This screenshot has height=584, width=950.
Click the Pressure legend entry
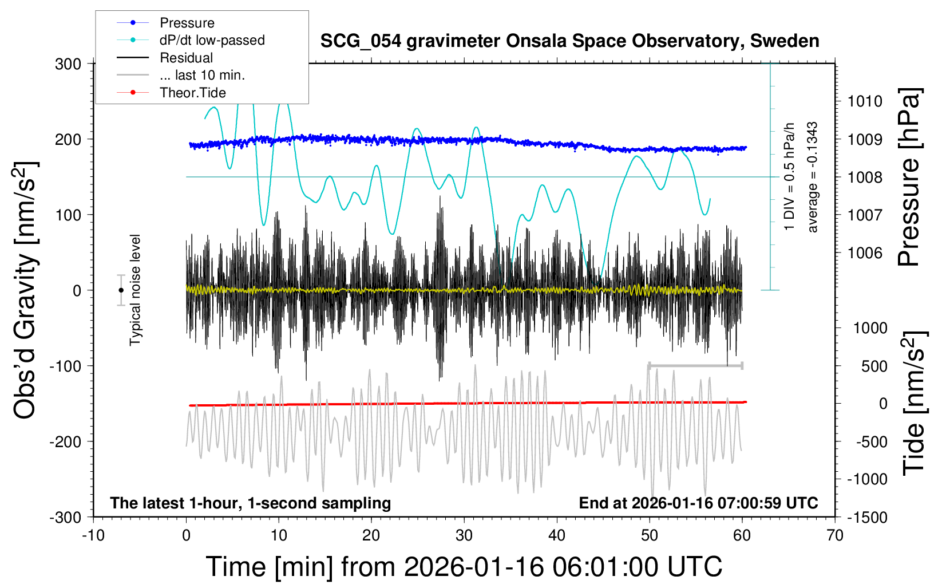(x=187, y=23)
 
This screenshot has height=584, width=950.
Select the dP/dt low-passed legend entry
(x=212, y=40)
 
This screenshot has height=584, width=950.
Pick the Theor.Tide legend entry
(x=192, y=93)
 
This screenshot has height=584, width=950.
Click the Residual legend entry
(x=186, y=58)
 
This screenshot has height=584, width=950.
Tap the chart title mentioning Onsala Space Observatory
(x=569, y=41)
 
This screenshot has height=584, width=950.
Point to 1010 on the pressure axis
(x=865, y=101)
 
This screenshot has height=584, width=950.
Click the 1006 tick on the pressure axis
(x=865, y=252)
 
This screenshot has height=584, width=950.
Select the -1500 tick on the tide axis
(x=867, y=517)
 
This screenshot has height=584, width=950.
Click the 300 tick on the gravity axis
(x=68, y=64)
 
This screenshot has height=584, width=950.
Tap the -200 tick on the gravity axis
(x=65, y=441)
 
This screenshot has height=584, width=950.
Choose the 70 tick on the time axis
(x=835, y=535)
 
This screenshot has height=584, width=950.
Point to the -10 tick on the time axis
(x=93, y=535)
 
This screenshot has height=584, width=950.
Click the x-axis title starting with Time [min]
(x=464, y=567)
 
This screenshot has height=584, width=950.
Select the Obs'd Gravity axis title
(x=26, y=290)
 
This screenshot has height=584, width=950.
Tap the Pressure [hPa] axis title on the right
(x=909, y=177)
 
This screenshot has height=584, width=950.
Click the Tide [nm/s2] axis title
(x=913, y=403)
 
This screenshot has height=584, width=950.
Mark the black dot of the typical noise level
(x=121, y=290)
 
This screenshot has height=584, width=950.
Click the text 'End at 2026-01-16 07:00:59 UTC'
(x=698, y=503)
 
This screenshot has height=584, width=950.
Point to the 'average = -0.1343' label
(x=812, y=177)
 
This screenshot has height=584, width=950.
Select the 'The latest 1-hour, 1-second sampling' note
(x=251, y=503)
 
